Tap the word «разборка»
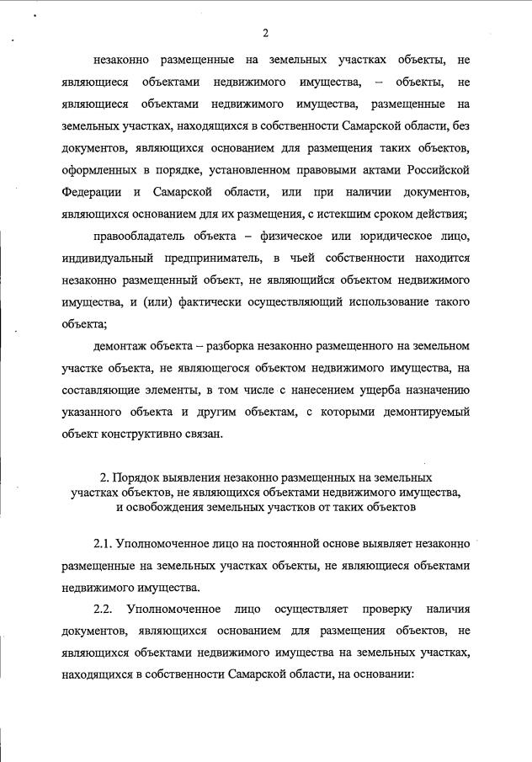232,346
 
